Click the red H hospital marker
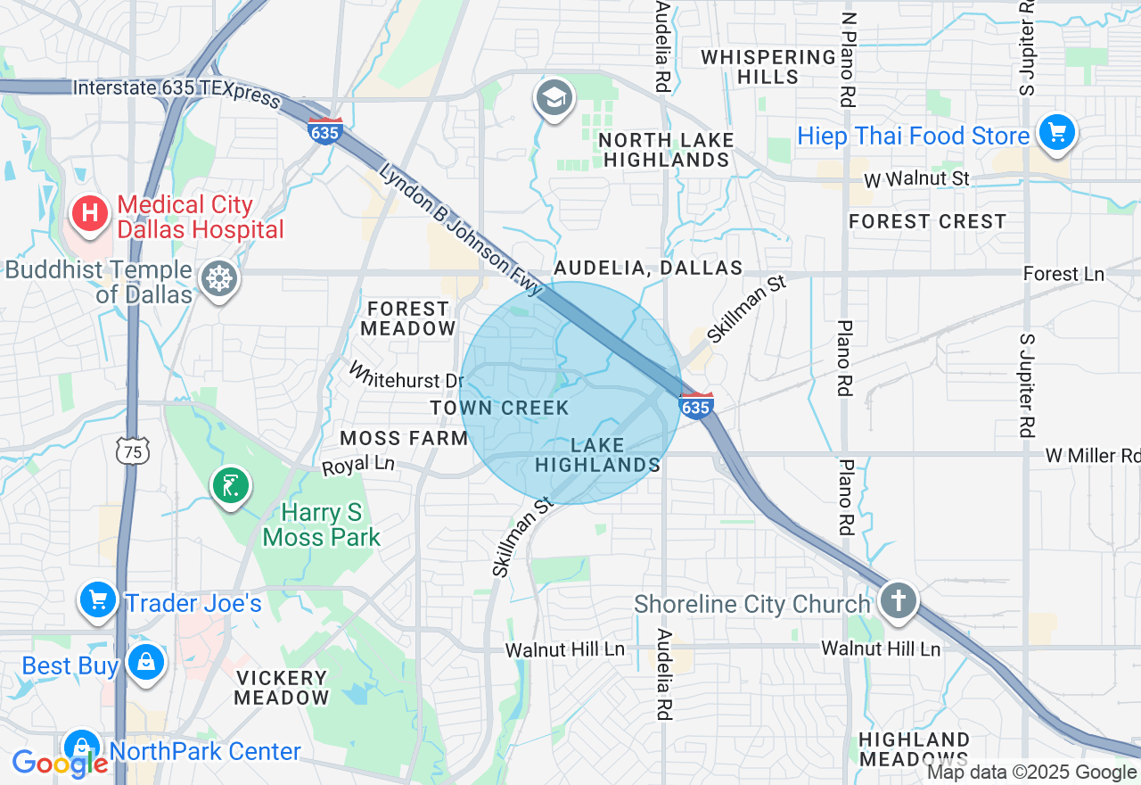(89, 213)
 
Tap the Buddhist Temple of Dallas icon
(218, 279)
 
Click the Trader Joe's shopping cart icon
(97, 600)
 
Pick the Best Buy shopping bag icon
(144, 662)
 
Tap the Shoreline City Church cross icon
(898, 600)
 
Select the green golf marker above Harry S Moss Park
(230, 486)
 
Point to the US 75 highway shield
(133, 451)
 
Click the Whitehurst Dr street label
(406, 375)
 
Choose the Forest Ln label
(1063, 274)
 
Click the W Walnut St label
(916, 179)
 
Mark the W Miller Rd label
(1093, 456)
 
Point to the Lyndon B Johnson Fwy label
(460, 229)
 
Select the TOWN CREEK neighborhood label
(499, 408)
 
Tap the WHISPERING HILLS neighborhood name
(768, 67)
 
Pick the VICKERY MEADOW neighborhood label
(282, 688)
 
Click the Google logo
(59, 764)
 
